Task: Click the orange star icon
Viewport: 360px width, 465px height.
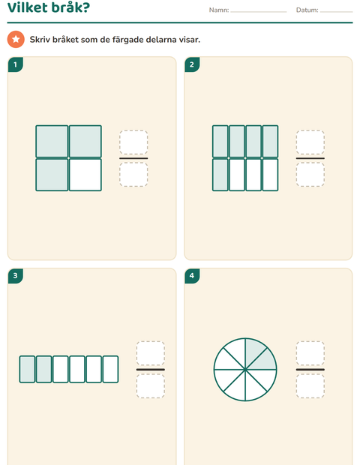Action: [x=16, y=39]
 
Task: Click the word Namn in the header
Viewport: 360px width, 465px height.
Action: [x=218, y=10]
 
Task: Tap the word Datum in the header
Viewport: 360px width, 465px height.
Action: [x=307, y=10]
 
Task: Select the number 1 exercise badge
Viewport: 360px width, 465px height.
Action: [x=16, y=64]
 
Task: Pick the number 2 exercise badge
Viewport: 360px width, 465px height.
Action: [x=192, y=64]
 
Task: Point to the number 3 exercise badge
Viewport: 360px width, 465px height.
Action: [x=16, y=276]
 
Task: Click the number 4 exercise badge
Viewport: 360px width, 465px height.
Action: [x=192, y=276]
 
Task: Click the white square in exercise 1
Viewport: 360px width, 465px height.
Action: [x=85, y=175]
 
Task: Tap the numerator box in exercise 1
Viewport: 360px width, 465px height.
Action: [x=133, y=142]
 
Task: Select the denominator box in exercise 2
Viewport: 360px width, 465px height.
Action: [x=310, y=175]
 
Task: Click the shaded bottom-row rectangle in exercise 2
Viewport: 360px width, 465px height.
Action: [x=220, y=175]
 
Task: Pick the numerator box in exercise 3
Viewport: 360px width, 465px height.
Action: [x=151, y=353]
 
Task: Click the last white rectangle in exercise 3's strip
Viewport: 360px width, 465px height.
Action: [x=110, y=369]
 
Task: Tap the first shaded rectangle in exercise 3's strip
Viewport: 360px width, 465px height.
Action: [x=27, y=369]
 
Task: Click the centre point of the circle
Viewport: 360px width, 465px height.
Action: [x=245, y=370]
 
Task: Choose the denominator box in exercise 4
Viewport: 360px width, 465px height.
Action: [x=310, y=385]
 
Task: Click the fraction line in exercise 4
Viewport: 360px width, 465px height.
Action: [x=310, y=370]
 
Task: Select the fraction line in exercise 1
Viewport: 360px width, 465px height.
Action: [x=133, y=158]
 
